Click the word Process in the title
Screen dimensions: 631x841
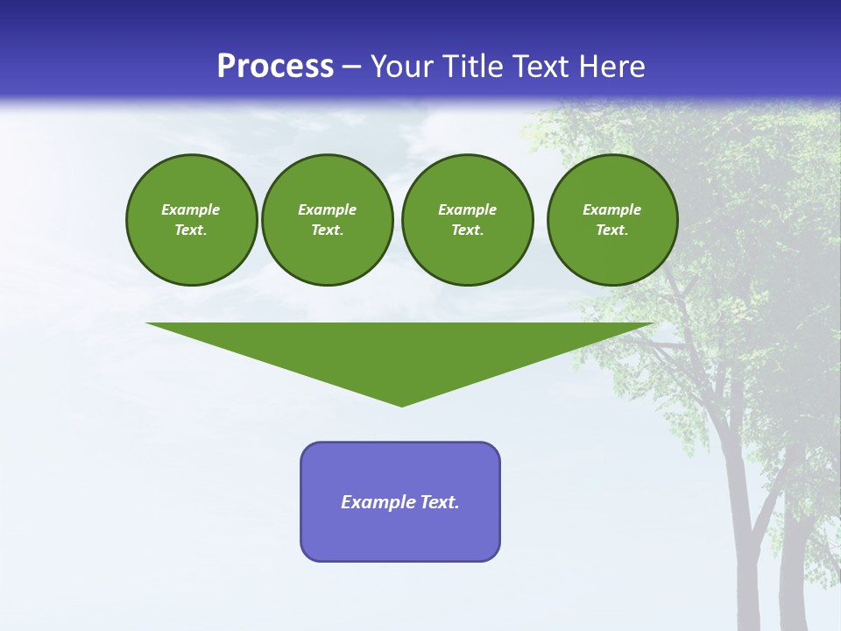pyautogui.click(x=275, y=67)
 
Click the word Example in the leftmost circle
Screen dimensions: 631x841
pyautogui.click(x=190, y=209)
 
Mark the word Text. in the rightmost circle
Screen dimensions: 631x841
pyautogui.click(x=611, y=230)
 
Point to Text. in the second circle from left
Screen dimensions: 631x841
pyautogui.click(x=327, y=230)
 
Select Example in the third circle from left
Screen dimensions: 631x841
pyautogui.click(x=467, y=209)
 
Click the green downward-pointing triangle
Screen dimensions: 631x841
pyautogui.click(x=401, y=351)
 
